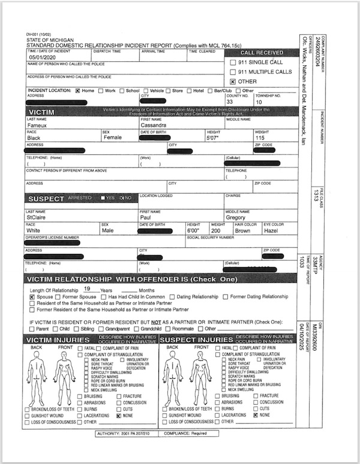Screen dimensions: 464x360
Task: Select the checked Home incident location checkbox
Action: click(x=77, y=91)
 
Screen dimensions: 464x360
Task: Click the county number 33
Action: click(x=229, y=102)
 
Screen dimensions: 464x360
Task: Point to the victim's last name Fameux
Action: click(x=38, y=125)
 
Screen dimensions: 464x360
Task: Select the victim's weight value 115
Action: click(x=260, y=137)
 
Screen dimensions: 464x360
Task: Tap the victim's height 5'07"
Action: click(x=214, y=137)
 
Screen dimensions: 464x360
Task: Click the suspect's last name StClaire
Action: click(x=38, y=218)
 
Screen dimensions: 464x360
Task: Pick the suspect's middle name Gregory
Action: click(x=238, y=218)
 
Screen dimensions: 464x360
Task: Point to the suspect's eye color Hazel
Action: click(x=271, y=230)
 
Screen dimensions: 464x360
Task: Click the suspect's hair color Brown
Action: click(x=242, y=230)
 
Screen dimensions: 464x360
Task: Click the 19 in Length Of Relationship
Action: click(x=87, y=289)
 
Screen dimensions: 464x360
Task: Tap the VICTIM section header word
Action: click(x=46, y=112)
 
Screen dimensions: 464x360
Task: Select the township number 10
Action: click(x=259, y=102)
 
